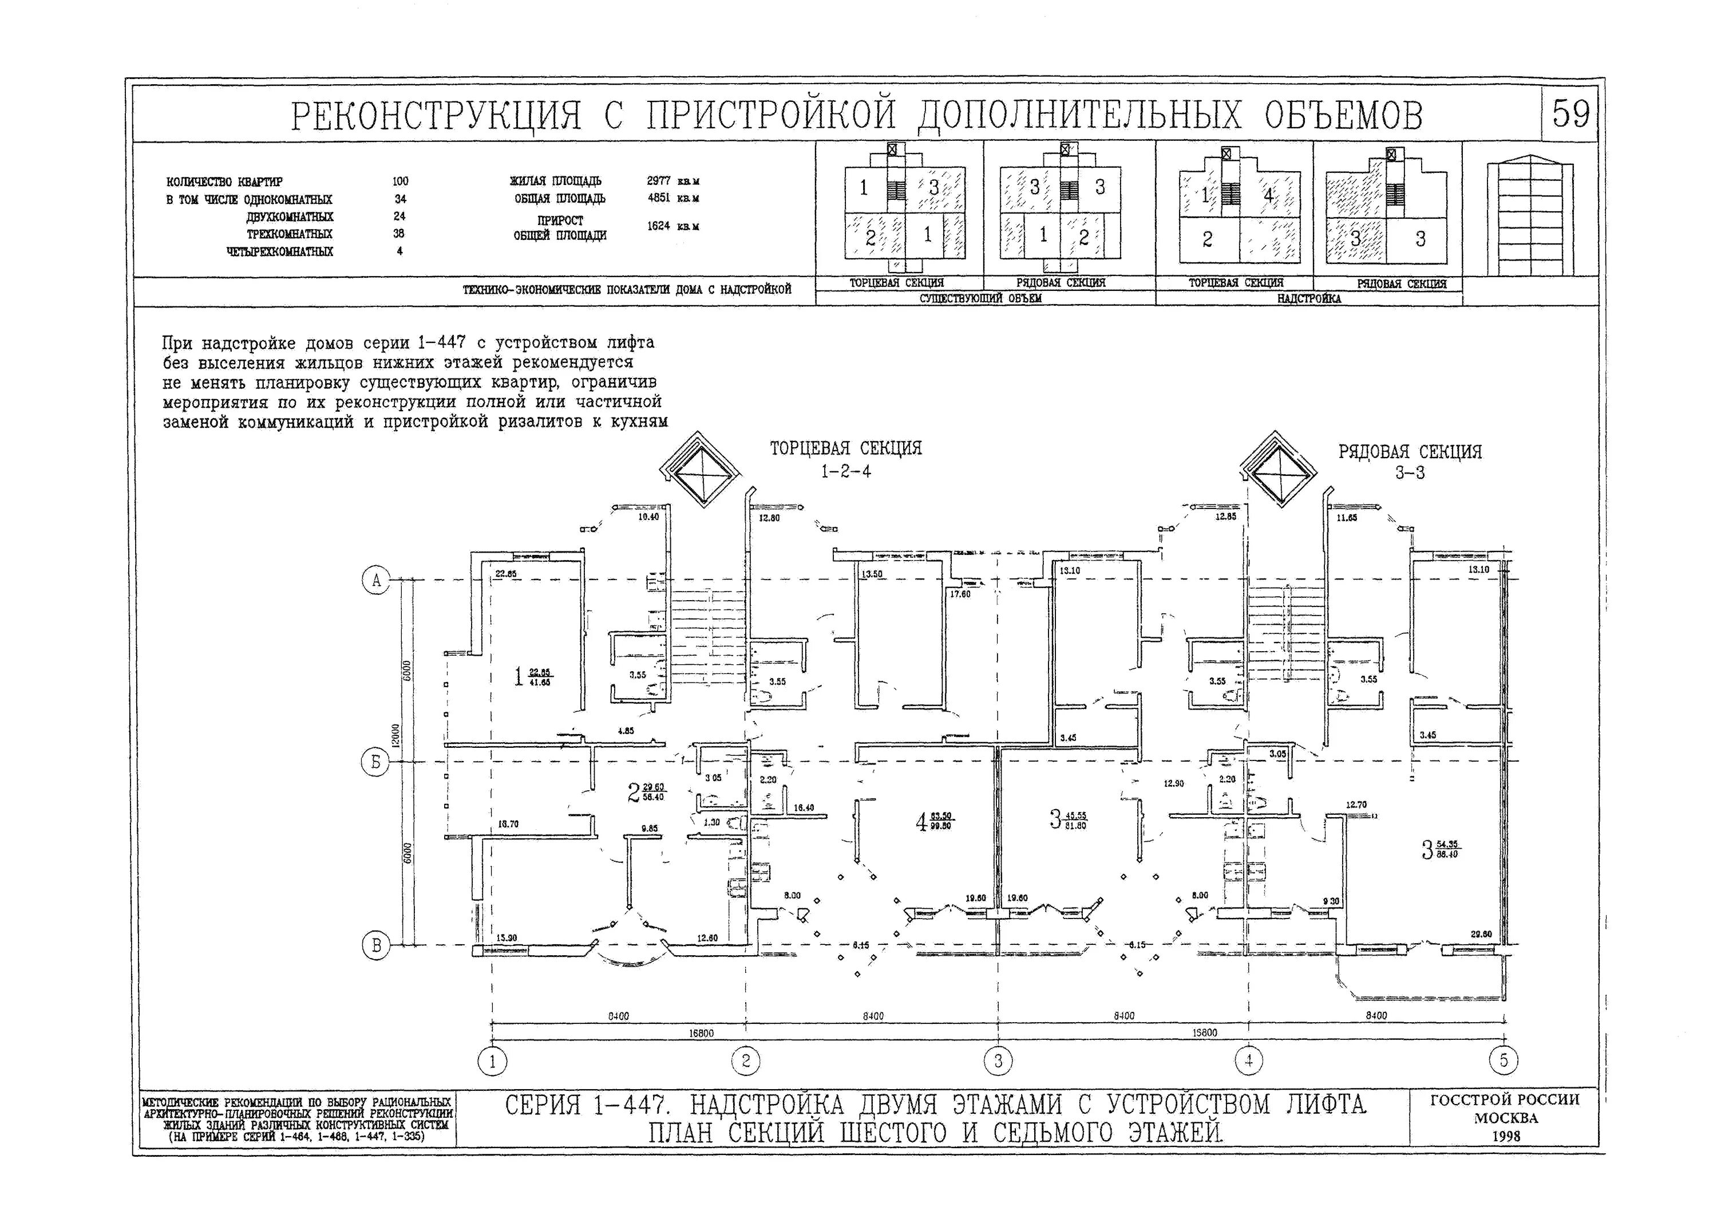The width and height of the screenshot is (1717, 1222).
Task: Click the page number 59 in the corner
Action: point(1570,115)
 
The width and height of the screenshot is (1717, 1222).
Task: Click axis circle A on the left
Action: point(376,580)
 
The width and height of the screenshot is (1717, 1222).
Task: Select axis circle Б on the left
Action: point(376,762)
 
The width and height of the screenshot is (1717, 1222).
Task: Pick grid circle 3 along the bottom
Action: point(998,1061)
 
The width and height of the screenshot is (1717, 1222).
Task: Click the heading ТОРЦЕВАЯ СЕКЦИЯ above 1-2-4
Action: point(845,448)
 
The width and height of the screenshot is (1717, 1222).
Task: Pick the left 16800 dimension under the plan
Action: point(701,1033)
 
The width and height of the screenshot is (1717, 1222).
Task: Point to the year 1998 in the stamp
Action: point(1506,1136)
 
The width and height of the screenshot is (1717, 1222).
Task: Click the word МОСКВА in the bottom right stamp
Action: point(1506,1118)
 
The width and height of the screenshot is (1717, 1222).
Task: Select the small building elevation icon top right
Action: point(1530,216)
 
